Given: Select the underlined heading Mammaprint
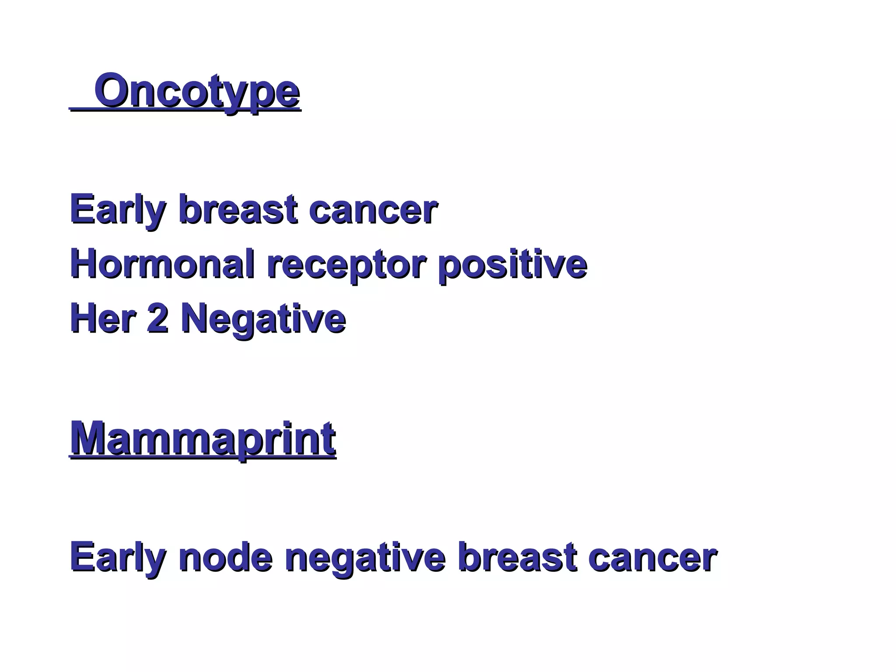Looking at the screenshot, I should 203,439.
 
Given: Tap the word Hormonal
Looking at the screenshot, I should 162,264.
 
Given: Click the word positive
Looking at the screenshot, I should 512,265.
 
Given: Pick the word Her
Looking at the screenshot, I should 102,319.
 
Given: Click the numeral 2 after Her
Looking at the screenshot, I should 157,319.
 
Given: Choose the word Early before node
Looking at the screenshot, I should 118,558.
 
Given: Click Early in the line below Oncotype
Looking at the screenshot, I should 118,210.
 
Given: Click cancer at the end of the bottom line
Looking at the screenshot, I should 652,558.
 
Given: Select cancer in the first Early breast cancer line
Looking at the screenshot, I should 373,210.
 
